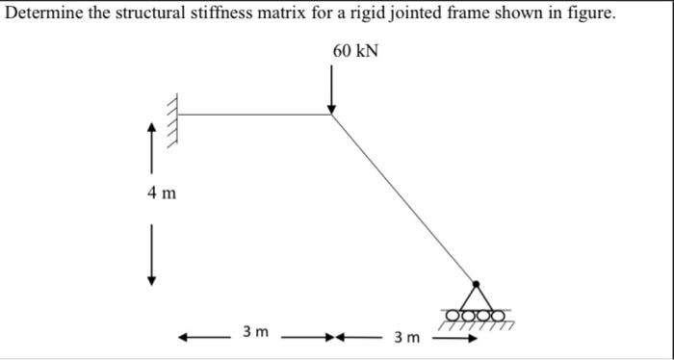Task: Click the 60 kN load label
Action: pos(355,51)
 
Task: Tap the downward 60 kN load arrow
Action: pos(332,91)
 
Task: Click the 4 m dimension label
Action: pos(162,193)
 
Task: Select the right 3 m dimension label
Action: pos(405,337)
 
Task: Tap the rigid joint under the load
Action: pos(332,115)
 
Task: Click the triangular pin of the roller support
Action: pos(475,296)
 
